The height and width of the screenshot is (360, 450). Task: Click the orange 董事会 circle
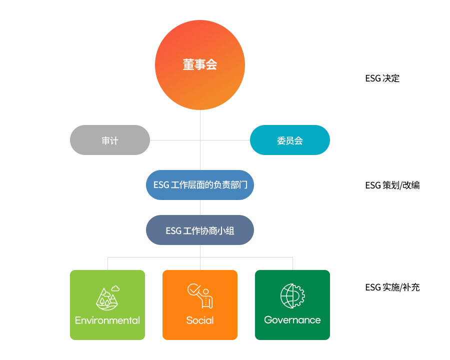[x=200, y=65]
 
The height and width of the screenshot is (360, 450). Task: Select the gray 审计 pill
[x=110, y=140]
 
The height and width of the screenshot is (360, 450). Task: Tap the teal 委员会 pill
[x=290, y=140]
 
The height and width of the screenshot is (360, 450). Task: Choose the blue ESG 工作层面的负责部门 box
[x=200, y=185]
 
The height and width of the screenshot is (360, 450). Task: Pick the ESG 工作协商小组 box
[x=200, y=230]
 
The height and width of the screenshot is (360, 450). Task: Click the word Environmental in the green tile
[x=107, y=320]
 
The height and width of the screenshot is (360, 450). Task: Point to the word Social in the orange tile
[x=200, y=320]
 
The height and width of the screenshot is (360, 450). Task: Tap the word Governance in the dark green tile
[x=292, y=320]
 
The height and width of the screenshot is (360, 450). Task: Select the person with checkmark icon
[x=200, y=296]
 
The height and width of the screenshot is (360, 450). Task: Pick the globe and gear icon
[x=292, y=296]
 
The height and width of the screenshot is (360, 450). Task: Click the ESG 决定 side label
[x=382, y=78]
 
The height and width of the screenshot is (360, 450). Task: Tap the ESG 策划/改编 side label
[x=392, y=185]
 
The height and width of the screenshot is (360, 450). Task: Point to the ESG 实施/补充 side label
[x=392, y=287]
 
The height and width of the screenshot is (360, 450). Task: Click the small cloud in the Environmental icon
[x=115, y=288]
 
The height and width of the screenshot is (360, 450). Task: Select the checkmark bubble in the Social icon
[x=193, y=289]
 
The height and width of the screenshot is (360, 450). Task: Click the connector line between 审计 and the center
[x=175, y=140]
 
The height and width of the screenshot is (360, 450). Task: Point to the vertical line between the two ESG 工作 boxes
[x=200, y=207]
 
